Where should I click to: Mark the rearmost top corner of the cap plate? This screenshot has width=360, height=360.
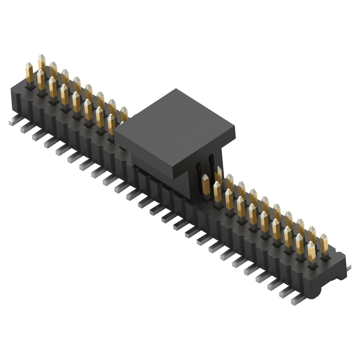tap(176, 89)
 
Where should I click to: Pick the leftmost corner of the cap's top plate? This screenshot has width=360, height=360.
tap(114, 132)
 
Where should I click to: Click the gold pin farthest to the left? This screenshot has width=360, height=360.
tap(29, 74)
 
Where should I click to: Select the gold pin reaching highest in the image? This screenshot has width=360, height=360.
tap(41, 62)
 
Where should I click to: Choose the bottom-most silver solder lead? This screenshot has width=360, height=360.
tap(297, 301)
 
